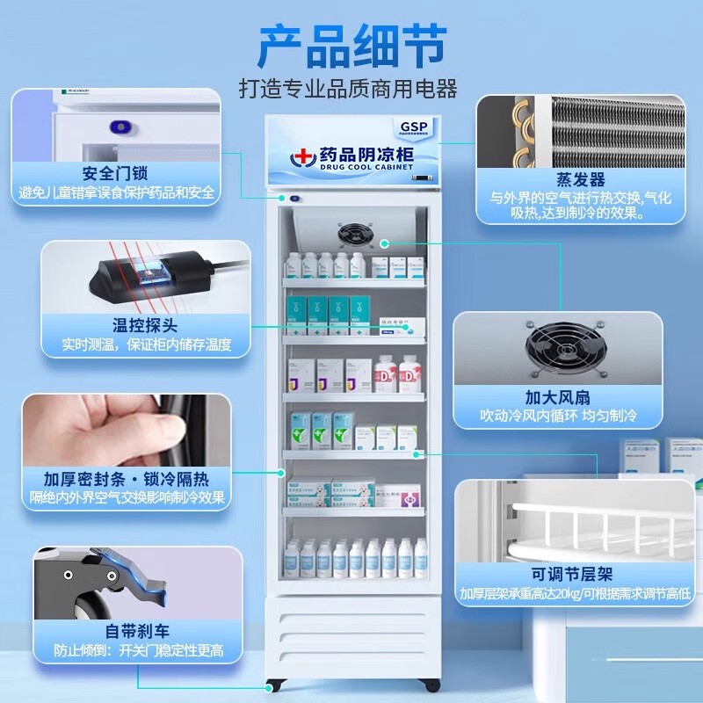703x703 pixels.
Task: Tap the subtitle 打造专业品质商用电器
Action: tap(349, 89)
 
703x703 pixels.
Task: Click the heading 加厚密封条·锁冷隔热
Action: tap(127, 478)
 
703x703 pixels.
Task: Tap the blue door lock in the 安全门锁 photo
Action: tap(119, 127)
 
